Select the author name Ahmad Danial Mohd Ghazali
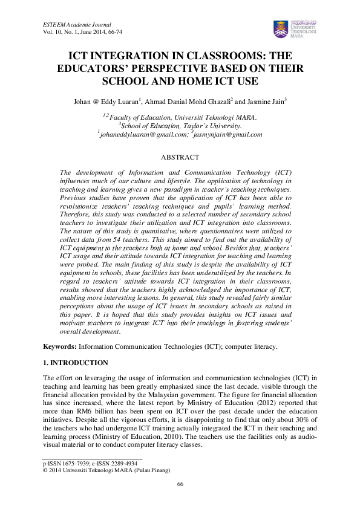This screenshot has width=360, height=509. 188,102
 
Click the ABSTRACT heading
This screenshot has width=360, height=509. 180,157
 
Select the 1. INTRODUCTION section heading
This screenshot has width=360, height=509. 75,363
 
